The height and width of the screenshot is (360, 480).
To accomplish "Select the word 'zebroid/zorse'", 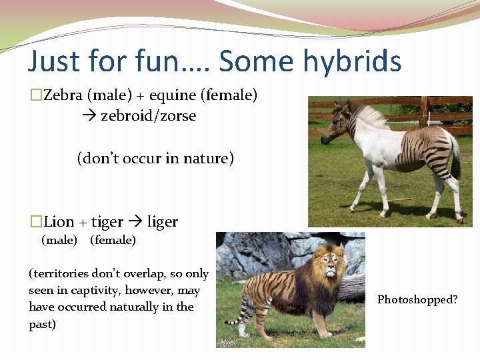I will pos(148,115).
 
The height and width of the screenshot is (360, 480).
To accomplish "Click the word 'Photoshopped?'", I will pos(417,299).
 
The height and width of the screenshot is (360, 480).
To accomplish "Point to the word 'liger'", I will pos(162,221).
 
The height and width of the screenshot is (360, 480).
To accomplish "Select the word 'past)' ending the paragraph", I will pos(42,323).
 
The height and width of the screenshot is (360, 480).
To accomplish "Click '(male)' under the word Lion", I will pos(59,240).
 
